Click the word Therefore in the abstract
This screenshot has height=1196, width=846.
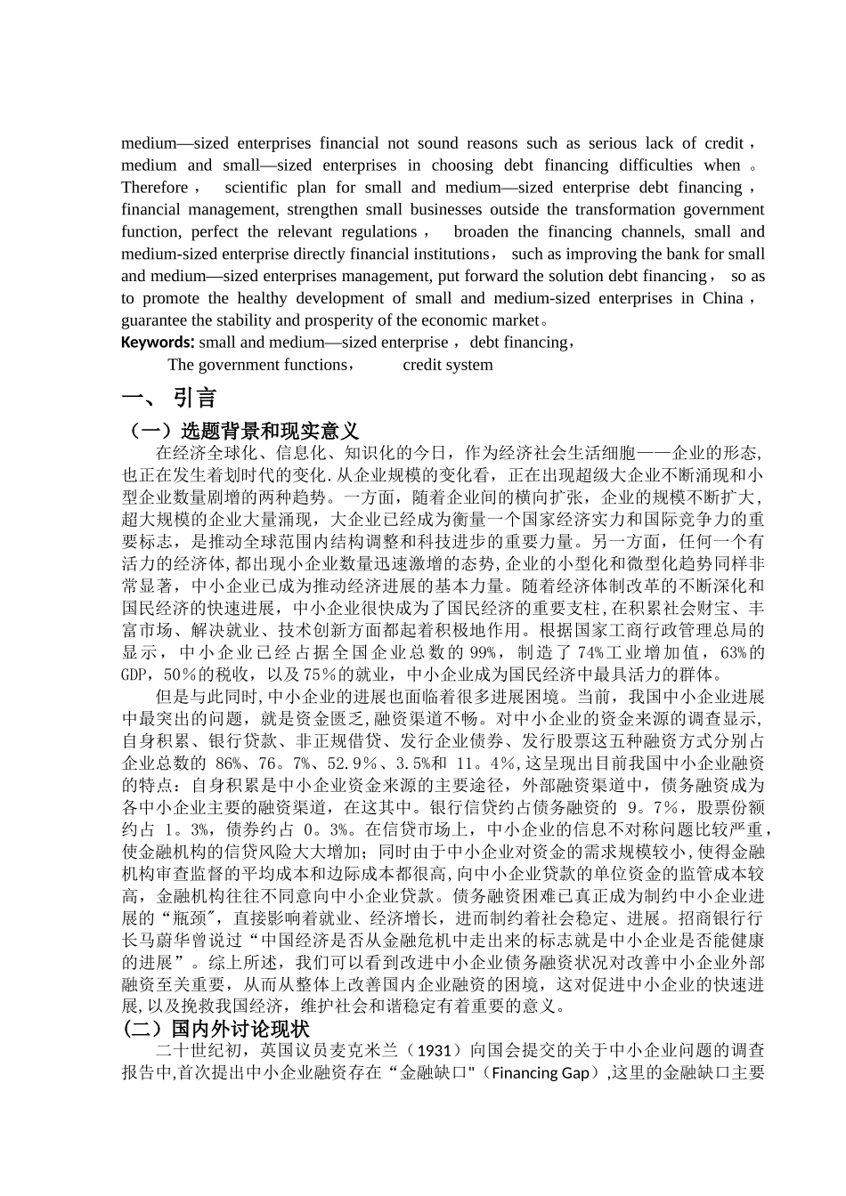click(155, 188)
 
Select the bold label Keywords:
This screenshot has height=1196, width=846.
click(158, 343)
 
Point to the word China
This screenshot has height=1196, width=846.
click(722, 298)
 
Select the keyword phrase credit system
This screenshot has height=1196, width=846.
click(447, 365)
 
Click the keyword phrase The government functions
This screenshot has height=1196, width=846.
click(256, 365)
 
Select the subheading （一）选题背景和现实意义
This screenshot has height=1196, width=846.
click(240, 431)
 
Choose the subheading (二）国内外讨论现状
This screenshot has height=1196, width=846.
click(216, 1029)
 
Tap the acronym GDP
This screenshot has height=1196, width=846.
click(134, 675)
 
